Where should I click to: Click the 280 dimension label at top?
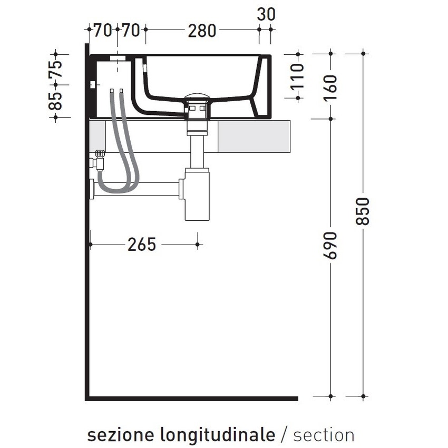[202, 31]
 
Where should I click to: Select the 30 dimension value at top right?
[266, 14]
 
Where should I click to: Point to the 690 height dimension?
[330, 245]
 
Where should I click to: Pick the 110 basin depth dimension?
[298, 76]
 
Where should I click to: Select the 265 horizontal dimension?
[142, 245]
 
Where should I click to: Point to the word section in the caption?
[324, 435]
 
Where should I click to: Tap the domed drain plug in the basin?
[198, 98]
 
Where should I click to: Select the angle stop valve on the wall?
[99, 159]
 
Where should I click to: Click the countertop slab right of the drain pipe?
[253, 136]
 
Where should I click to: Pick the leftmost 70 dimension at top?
[103, 31]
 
